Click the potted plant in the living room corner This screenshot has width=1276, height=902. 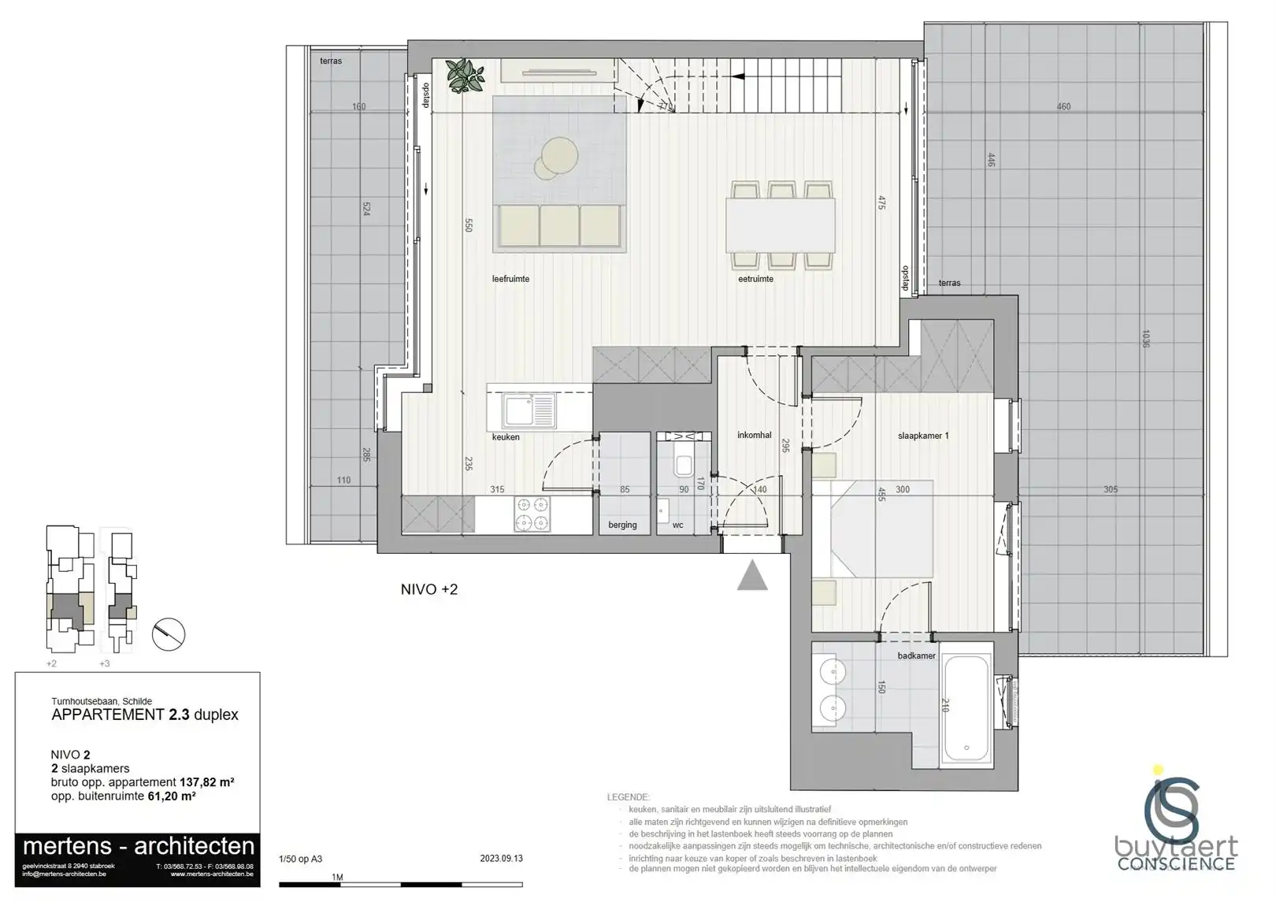pyautogui.click(x=465, y=76)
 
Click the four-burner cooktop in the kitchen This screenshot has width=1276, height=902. pyautogui.click(x=532, y=514)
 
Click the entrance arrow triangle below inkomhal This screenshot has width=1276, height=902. pyautogui.click(x=752, y=576)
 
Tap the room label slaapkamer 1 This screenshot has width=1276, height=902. pyautogui.click(x=923, y=436)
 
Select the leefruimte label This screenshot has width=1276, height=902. pyautogui.click(x=510, y=279)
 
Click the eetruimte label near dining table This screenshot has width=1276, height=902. pyautogui.click(x=755, y=279)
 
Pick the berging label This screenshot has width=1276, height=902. pyautogui.click(x=622, y=525)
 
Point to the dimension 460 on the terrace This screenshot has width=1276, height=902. pyautogui.click(x=1063, y=107)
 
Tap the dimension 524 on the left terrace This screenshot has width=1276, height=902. pyautogui.click(x=366, y=210)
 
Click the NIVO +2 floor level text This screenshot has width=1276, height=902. pyautogui.click(x=429, y=589)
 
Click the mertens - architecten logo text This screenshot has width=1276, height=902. pyautogui.click(x=139, y=847)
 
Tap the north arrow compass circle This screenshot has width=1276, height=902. pyautogui.click(x=168, y=634)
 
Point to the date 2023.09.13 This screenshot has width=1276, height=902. pyautogui.click(x=502, y=859)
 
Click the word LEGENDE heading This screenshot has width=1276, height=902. pyautogui.click(x=628, y=797)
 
